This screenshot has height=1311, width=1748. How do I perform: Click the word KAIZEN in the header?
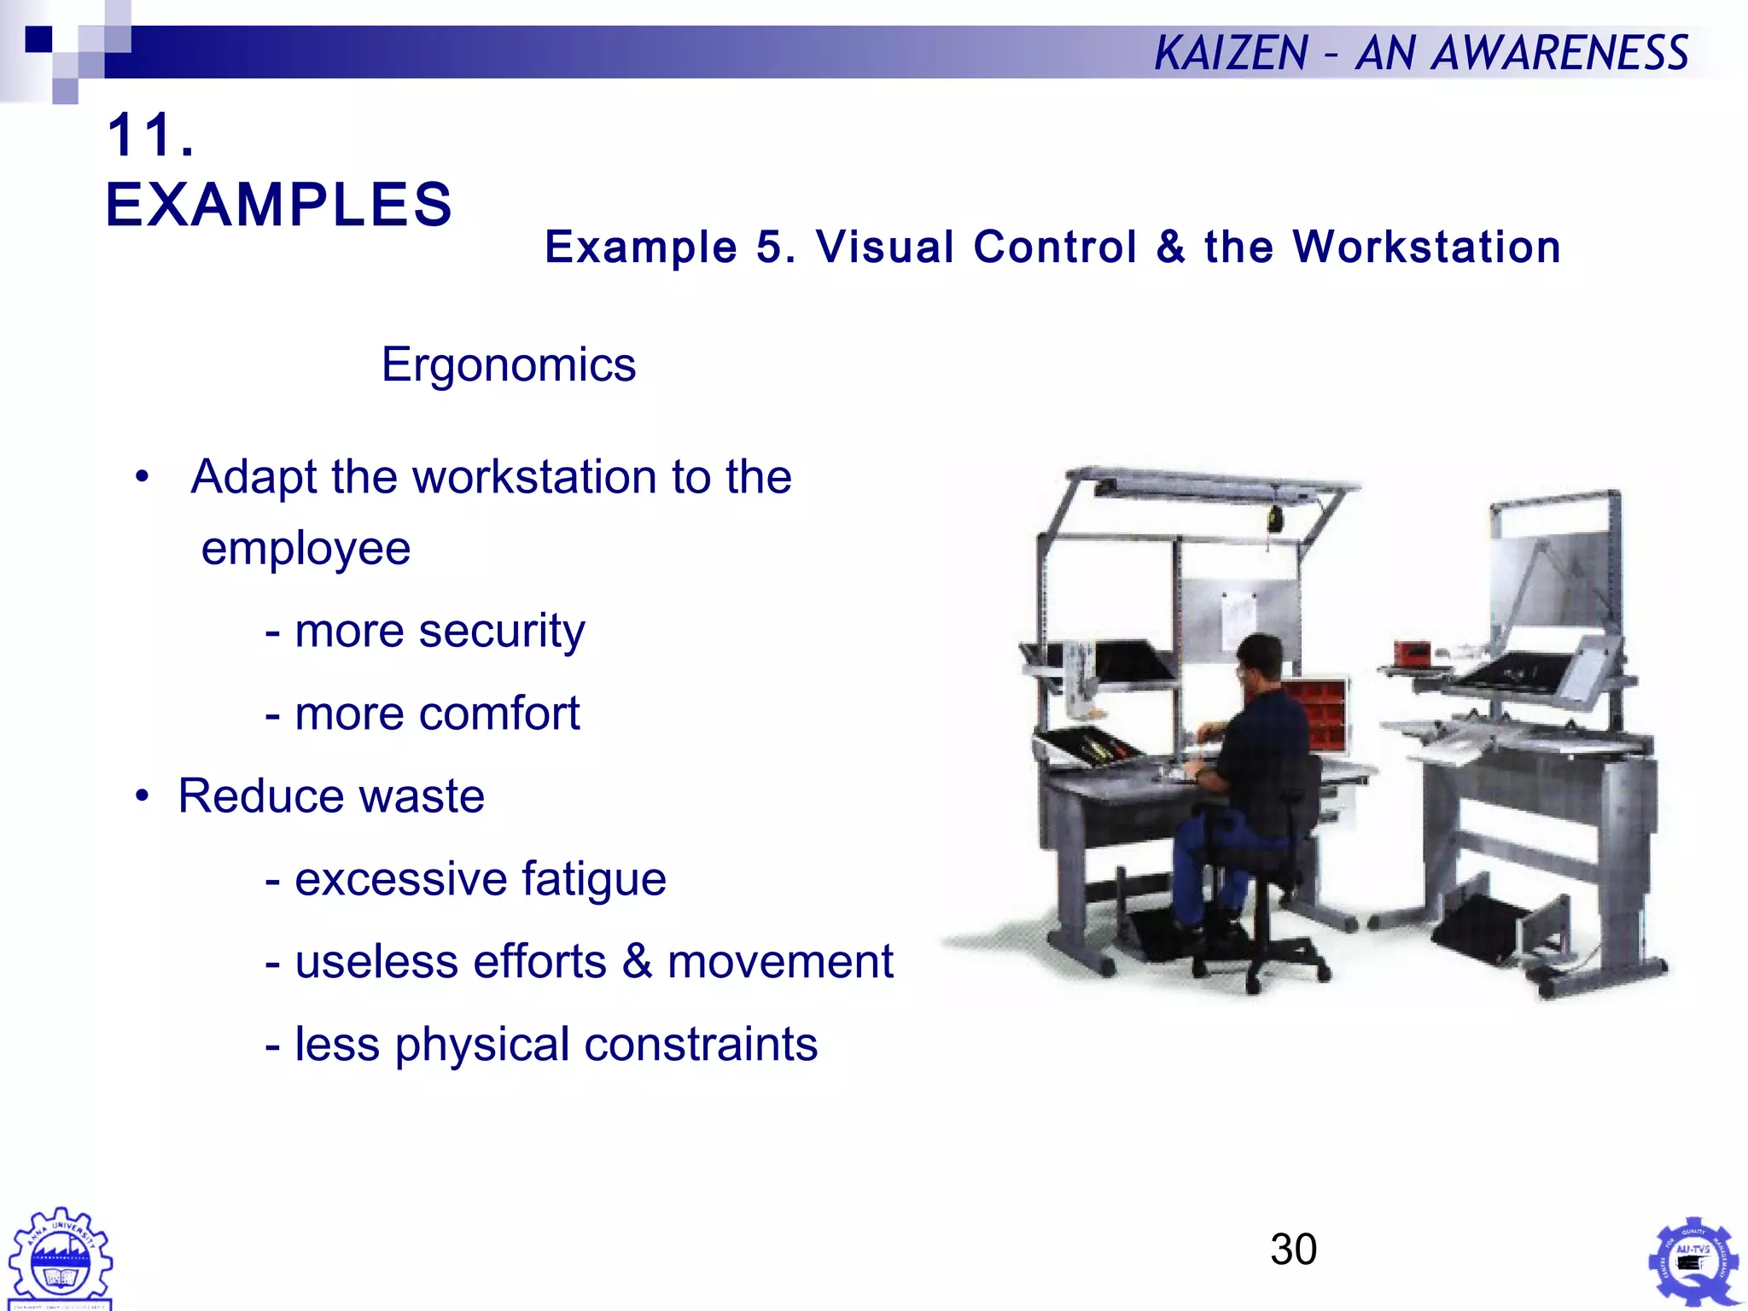pyautogui.click(x=1231, y=53)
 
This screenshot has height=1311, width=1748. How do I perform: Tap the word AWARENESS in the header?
pyautogui.click(x=1560, y=53)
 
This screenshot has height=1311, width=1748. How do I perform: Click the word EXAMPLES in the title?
pyautogui.click(x=279, y=205)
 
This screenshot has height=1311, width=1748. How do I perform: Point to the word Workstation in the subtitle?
pyautogui.click(x=1426, y=248)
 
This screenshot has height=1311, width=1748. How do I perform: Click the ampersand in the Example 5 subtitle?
pyautogui.click(x=1170, y=248)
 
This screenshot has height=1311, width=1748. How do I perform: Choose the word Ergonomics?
pyautogui.click(x=509, y=365)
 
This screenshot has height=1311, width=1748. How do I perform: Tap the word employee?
pyautogui.click(x=306, y=548)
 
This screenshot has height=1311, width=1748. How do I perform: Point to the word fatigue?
pyautogui.click(x=593, y=879)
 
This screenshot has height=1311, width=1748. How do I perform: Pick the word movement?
pyautogui.click(x=780, y=962)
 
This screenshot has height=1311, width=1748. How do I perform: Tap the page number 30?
pyautogui.click(x=1293, y=1250)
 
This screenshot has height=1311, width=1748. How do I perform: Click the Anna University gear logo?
pyautogui.click(x=60, y=1258)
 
